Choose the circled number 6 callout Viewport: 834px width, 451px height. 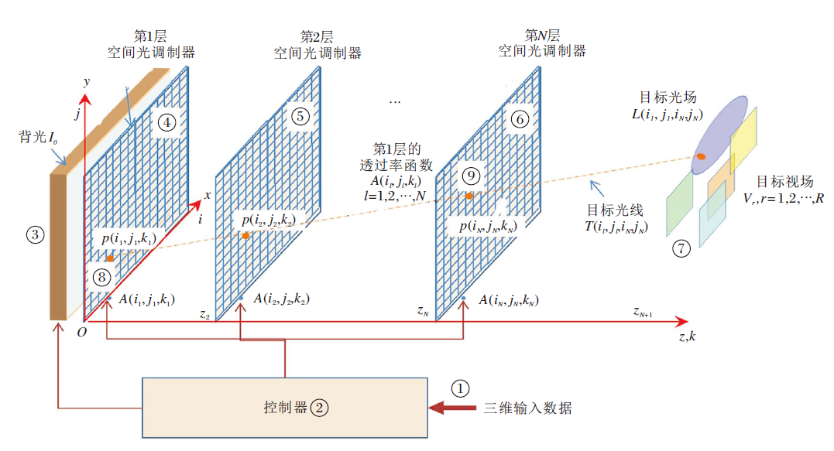[520, 118]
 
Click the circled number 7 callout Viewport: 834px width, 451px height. [681, 249]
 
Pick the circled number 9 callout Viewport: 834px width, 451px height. [469, 176]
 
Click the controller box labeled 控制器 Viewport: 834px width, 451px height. [286, 407]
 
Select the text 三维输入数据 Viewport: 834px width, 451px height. [528, 408]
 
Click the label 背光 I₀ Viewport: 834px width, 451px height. [36, 137]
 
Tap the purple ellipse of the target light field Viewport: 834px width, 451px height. [718, 132]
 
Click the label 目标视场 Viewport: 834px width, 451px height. [784, 182]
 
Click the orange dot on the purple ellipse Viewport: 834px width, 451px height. [701, 156]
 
